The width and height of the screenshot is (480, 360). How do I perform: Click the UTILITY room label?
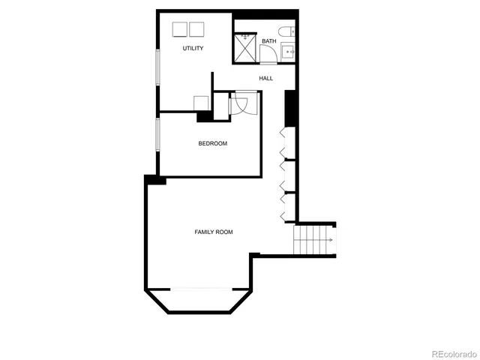[x=193, y=49]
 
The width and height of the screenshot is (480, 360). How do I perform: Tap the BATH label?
[x=268, y=41]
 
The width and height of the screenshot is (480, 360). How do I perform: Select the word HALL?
[x=266, y=78]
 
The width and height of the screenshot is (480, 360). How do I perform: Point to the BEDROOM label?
[x=212, y=143]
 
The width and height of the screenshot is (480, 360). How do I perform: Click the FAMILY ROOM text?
[x=214, y=232]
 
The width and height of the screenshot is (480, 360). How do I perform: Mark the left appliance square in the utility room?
[x=180, y=29]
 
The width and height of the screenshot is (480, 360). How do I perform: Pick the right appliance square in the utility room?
[x=196, y=29]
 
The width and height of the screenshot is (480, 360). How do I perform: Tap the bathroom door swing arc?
[x=268, y=54]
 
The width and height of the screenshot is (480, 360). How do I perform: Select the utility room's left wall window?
[x=157, y=66]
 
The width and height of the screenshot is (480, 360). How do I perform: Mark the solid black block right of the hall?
[x=292, y=109]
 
